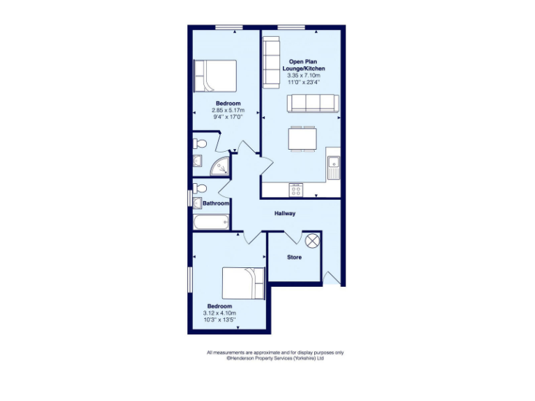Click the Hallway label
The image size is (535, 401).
pos(285,214)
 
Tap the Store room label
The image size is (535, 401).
pos(295,257)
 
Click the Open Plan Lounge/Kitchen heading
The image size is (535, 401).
pos(303,66)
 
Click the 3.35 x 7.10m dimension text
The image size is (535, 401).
pos(303,76)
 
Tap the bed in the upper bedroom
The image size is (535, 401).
pos(215,76)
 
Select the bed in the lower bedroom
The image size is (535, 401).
pos(243,283)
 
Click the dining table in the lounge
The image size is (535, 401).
pos(302,138)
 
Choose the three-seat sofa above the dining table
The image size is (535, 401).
pos(313,103)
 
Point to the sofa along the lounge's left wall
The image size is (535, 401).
pos(270,61)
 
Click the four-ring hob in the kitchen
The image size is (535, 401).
pos(296,189)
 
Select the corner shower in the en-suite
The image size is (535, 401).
pos(220,166)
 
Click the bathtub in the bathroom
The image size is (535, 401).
pos(211,223)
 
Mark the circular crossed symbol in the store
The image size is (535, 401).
pos(313,240)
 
